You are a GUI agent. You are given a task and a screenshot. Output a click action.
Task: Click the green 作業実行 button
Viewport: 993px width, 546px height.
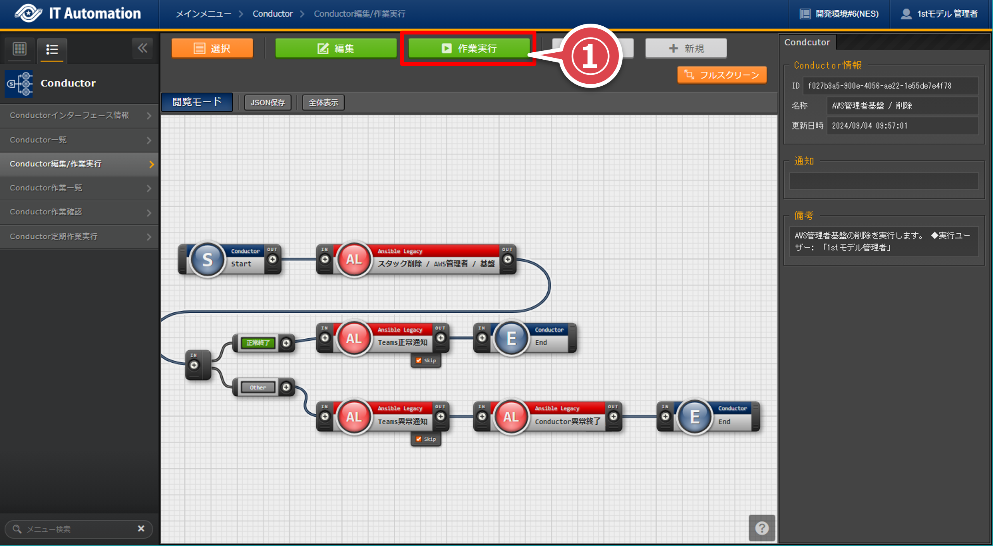point(469,48)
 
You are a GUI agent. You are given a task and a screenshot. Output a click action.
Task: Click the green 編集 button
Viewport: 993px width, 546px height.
point(336,48)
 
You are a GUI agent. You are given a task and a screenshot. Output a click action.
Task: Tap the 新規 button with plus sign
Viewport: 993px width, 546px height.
point(686,48)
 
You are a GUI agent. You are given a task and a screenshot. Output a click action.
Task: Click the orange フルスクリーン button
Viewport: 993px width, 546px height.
point(722,75)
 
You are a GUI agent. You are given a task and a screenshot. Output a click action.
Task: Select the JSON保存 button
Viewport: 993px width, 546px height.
point(268,103)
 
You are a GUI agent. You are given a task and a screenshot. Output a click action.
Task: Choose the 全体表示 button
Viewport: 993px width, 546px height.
point(323,103)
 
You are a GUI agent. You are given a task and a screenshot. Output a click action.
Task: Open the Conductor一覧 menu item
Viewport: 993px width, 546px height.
point(79,140)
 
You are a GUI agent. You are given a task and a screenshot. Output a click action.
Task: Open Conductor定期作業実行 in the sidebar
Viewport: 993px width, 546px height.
point(79,236)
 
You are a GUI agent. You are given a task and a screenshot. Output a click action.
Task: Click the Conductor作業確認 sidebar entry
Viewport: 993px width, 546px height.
point(79,212)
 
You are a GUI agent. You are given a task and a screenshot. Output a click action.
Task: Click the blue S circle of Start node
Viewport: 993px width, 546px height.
point(208,259)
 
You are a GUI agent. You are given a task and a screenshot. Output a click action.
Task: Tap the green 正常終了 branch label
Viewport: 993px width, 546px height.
point(258,343)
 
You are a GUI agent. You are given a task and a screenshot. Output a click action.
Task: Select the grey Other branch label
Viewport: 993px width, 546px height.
point(258,387)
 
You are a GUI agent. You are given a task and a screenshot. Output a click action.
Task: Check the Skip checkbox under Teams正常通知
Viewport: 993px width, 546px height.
point(419,360)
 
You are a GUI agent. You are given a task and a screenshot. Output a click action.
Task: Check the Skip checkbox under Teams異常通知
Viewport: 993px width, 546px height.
point(419,439)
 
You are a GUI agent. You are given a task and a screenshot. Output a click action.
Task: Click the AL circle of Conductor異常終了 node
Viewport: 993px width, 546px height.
point(511,417)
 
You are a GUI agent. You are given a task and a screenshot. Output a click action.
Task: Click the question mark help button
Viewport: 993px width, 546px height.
point(762,528)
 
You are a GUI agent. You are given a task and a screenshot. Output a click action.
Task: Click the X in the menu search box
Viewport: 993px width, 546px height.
point(141,529)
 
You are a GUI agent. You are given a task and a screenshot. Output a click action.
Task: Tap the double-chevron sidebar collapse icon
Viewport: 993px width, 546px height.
point(143,48)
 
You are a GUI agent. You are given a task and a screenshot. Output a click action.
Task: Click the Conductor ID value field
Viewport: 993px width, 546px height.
point(890,86)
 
